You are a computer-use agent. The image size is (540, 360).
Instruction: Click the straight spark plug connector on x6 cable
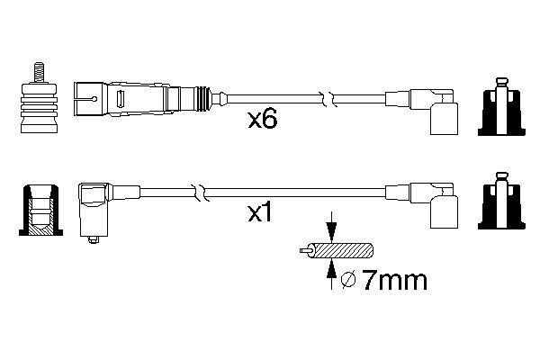pyautogui.click(x=144, y=94)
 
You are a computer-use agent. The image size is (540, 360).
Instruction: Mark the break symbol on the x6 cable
pyautogui.click(x=332, y=94)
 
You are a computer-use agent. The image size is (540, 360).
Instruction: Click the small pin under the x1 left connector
pyautogui.click(x=93, y=240)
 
